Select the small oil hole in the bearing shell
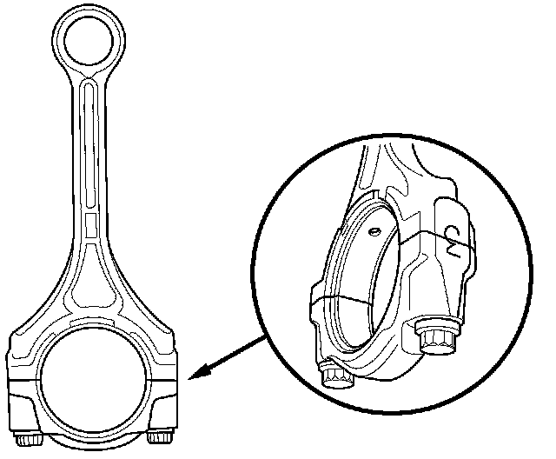pyautogui.click(x=373, y=232)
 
